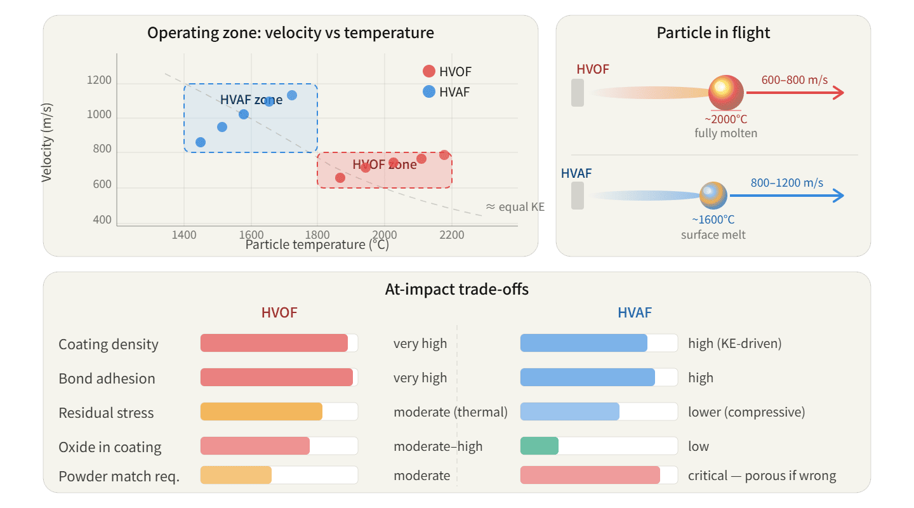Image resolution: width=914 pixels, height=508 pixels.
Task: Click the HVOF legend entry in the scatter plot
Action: pyautogui.click(x=447, y=72)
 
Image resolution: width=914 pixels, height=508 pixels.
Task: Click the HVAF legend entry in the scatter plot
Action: pyautogui.click(x=447, y=92)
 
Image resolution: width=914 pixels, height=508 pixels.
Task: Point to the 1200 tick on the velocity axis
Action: pyautogui.click(x=99, y=81)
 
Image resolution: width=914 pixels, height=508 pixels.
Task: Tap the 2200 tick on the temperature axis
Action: pyautogui.click(x=451, y=234)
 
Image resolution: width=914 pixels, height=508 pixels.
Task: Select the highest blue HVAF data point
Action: pyautogui.click(x=292, y=95)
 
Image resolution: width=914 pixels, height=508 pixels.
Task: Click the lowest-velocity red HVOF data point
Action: pyautogui.click(x=340, y=178)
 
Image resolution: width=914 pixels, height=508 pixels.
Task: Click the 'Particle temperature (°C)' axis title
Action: pyautogui.click(x=317, y=244)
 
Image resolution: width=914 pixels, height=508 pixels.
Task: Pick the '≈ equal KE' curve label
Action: pyautogui.click(x=515, y=206)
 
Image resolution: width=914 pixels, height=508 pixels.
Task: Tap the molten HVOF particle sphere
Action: pyautogui.click(x=725, y=93)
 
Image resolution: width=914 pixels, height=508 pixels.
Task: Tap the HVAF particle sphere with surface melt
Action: pyautogui.click(x=713, y=196)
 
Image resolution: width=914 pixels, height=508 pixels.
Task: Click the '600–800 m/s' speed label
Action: pyautogui.click(x=794, y=80)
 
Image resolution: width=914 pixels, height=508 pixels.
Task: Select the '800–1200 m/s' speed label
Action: pyautogui.click(x=786, y=183)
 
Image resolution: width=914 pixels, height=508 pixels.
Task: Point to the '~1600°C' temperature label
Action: pyautogui.click(x=713, y=220)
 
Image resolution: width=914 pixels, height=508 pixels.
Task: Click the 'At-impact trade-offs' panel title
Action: pyautogui.click(x=456, y=290)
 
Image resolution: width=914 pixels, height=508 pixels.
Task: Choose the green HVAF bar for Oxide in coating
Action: pyautogui.click(x=539, y=446)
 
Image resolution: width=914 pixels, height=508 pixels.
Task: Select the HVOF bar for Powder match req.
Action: pyautogui.click(x=236, y=476)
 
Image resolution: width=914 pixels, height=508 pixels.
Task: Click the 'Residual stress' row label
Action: pyautogui.click(x=106, y=413)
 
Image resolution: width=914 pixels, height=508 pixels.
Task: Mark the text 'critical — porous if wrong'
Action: pyautogui.click(x=762, y=476)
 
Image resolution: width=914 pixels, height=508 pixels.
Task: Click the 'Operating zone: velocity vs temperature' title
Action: pyautogui.click(x=291, y=33)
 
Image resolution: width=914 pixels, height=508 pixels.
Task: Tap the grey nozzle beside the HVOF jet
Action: pyautogui.click(x=577, y=93)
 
